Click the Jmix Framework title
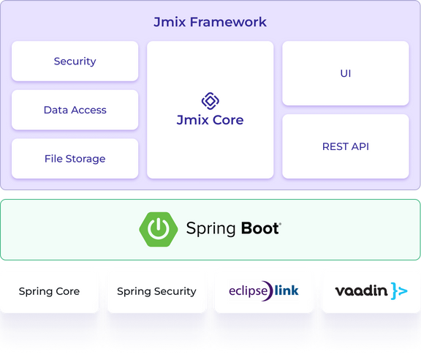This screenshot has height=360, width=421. pos(210,22)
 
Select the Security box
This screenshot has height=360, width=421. pos(75,61)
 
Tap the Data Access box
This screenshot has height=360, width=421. pos(75,110)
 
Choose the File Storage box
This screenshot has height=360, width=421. pos(75,159)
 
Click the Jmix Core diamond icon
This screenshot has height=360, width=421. pos(210,100)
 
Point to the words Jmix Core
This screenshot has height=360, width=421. pos(210,119)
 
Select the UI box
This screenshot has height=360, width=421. pos(345,73)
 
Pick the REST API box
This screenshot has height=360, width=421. pos(345,146)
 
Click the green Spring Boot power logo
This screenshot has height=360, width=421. pos(158,229)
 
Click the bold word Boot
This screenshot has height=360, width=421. pos(259,229)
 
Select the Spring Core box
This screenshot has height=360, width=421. pos(49,291)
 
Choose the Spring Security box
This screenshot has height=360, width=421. pos(156,291)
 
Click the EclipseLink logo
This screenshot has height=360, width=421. pos(264,290)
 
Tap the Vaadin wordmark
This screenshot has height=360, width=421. pos(361,291)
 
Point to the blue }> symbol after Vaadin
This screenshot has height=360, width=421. pos(399,291)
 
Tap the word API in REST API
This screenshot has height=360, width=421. pos(359,146)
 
